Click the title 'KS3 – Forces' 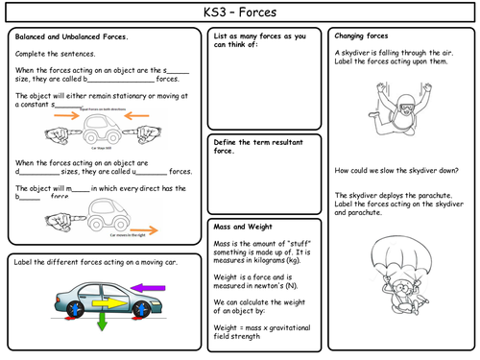click(239, 12)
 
